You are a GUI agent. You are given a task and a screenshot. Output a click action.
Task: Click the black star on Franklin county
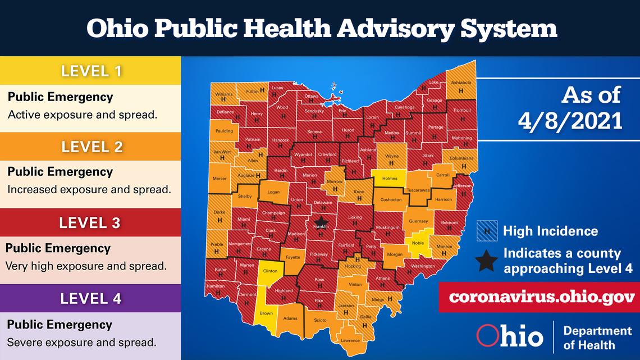[x=321, y=221]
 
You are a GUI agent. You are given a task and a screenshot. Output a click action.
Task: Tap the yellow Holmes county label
[x=389, y=179]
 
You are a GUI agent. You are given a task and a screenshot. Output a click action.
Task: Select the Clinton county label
[x=270, y=271]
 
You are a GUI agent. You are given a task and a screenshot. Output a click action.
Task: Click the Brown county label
[x=267, y=313]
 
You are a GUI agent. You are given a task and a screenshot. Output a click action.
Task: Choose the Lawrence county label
[x=350, y=340]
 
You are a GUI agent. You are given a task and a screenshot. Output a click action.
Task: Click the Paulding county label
[x=224, y=130]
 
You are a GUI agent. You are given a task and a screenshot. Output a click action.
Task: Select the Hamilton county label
[x=215, y=286]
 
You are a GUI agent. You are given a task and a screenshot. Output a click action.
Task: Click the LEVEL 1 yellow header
[x=90, y=71]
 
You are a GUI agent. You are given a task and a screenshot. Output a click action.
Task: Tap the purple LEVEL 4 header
[x=90, y=298]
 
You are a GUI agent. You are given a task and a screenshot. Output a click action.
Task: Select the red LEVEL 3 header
[x=90, y=222]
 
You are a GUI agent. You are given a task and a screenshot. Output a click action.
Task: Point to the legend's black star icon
[x=487, y=261]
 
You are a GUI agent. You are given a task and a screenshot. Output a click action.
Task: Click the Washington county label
[x=423, y=266]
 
